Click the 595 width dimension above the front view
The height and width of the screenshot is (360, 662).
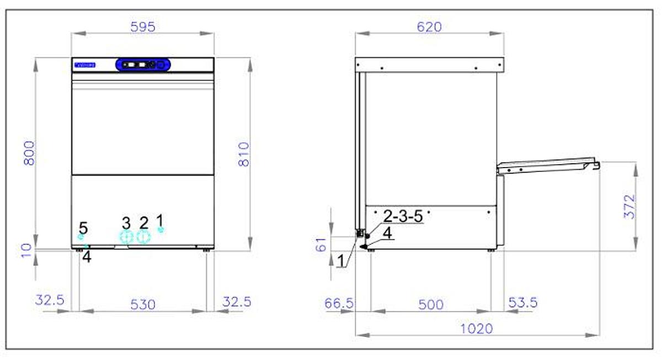pos(143,26)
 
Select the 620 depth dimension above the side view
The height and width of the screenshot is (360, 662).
pos(429,26)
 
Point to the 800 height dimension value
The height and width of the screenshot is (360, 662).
pos(29,153)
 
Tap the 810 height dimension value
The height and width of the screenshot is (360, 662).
pos(244,154)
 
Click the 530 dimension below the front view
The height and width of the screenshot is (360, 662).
pos(143,304)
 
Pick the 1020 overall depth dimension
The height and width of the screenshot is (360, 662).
pos(477,329)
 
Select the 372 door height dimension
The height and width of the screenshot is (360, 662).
pos(629,206)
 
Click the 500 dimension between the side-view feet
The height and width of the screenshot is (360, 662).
pos(430,304)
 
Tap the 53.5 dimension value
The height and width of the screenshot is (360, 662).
pos(521,303)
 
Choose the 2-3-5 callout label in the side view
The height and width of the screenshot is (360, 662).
pos(402,216)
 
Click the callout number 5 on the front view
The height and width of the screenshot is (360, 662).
pos(83,227)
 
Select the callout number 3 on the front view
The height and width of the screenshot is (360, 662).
pos(126,223)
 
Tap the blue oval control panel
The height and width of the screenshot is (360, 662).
pos(143,65)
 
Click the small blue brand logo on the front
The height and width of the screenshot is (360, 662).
pos(84,65)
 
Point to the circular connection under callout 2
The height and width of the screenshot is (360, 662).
pos(144,237)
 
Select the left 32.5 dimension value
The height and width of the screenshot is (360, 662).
pos(50,301)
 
